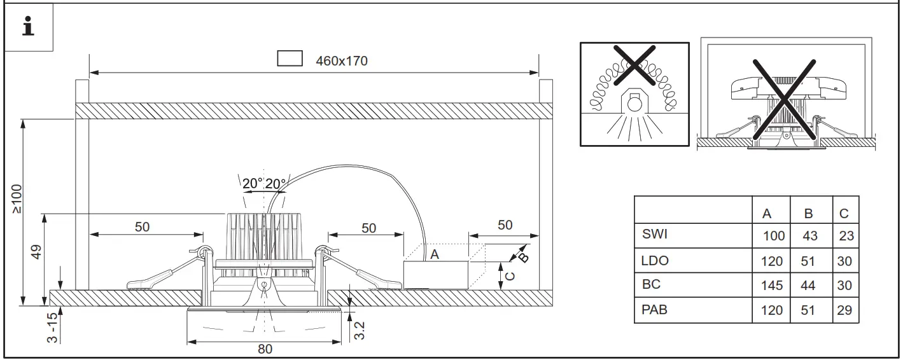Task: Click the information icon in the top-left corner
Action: (28, 29)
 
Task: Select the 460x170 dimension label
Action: (342, 61)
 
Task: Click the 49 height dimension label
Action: (36, 253)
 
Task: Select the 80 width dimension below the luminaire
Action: (265, 349)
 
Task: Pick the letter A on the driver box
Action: (435, 254)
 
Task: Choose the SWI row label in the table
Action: (655, 235)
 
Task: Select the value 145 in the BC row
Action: (772, 286)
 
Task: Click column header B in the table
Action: (809, 214)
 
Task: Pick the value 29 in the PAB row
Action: (845, 311)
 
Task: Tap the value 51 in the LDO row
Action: (808, 261)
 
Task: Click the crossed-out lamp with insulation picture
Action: (634, 94)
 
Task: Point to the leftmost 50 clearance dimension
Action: (142, 227)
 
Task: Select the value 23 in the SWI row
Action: (846, 236)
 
